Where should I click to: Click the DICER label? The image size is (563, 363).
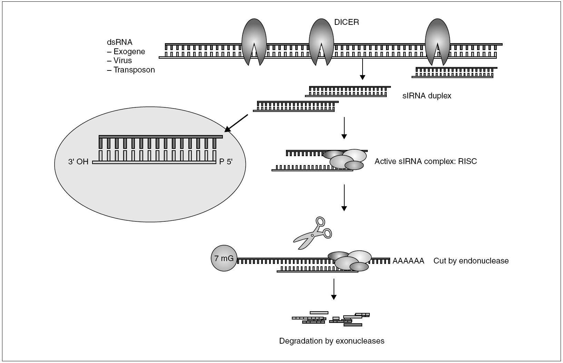tap(346, 22)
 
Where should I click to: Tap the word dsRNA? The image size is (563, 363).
tap(119, 42)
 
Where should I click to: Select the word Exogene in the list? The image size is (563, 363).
tap(129, 52)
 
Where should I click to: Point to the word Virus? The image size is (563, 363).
tap(122, 61)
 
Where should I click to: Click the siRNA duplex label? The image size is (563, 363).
tap(427, 96)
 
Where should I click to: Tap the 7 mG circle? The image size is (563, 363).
tap(224, 258)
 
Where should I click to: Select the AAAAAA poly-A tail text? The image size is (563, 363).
tap(408, 261)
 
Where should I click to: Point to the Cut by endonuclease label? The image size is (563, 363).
tap(471, 261)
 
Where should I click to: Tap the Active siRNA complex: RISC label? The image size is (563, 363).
tap(426, 161)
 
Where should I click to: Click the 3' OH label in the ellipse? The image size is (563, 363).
tap(78, 162)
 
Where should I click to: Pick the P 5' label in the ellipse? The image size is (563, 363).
tap(226, 162)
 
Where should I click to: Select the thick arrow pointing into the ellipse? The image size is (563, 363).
tap(236, 123)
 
